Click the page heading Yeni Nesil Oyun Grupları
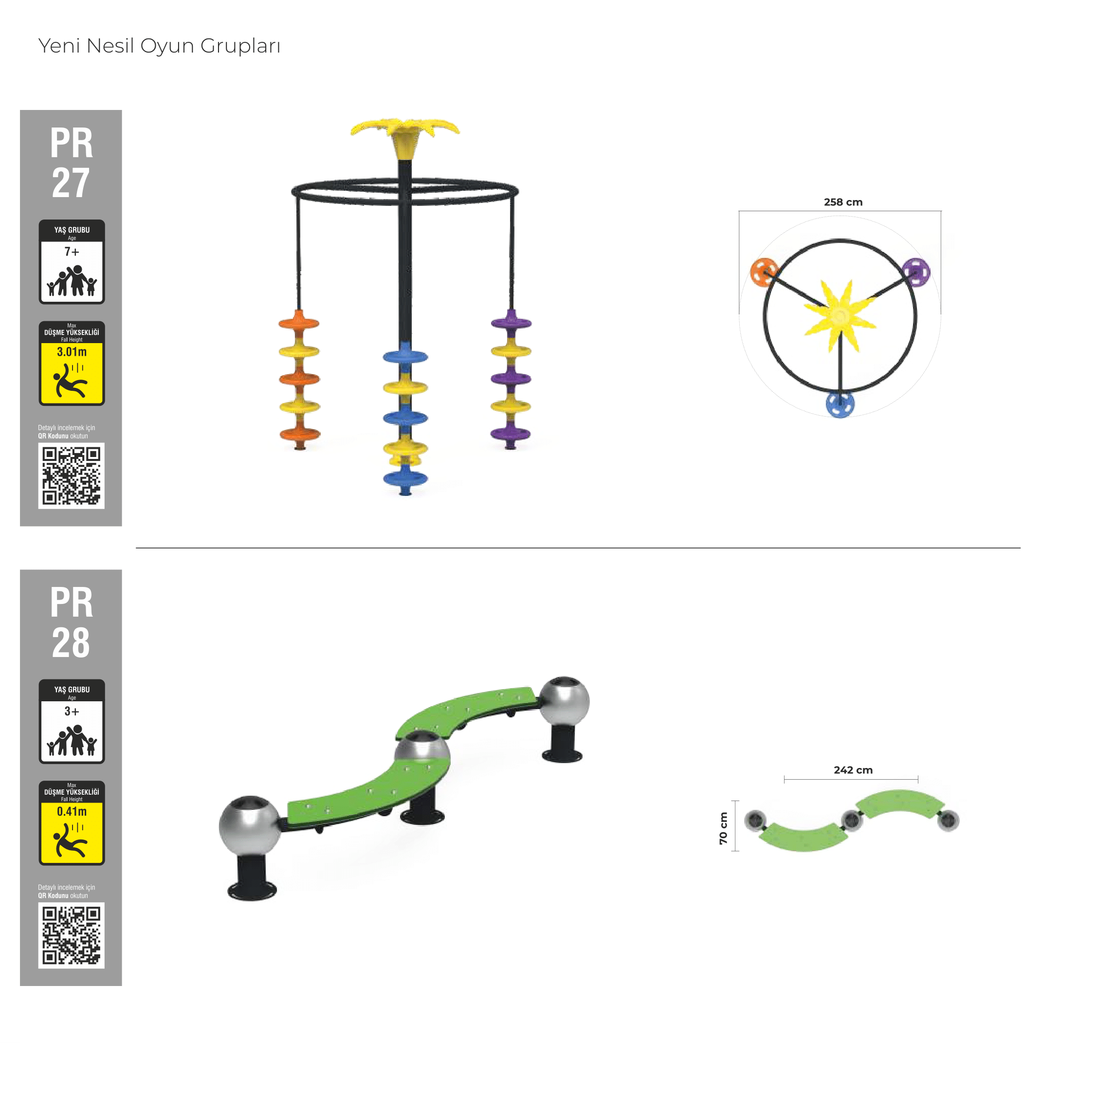pyautogui.click(x=160, y=46)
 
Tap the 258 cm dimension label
pyautogui.click(x=843, y=202)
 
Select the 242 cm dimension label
pyautogui.click(x=853, y=770)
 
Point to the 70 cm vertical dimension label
pyautogui.click(x=723, y=828)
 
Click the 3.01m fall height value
pyautogui.click(x=72, y=352)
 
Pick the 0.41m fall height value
pyautogui.click(x=72, y=811)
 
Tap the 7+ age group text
pyautogui.click(x=72, y=251)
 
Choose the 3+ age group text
pyautogui.click(x=72, y=711)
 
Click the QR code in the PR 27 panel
pyautogui.click(x=72, y=475)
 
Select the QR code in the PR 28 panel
pyautogui.click(x=72, y=935)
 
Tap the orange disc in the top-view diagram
pyautogui.click(x=764, y=272)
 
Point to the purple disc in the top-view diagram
pyautogui.click(x=915, y=272)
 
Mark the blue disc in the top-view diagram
pyautogui.click(x=840, y=404)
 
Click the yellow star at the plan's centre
pyautogui.click(x=840, y=315)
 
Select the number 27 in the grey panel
pyautogui.click(x=71, y=183)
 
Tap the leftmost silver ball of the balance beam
pyautogui.click(x=250, y=825)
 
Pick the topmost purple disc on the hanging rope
pyautogui.click(x=511, y=323)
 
